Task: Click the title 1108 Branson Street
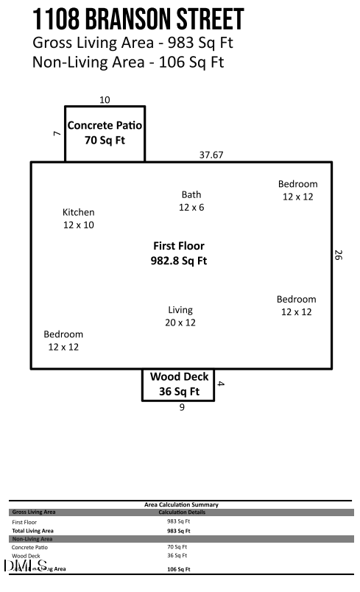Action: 138,18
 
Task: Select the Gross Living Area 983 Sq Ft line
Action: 133,43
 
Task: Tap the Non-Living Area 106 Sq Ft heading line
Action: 127,62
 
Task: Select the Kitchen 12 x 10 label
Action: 78,219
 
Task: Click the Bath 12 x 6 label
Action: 191,201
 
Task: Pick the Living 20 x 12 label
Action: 180,316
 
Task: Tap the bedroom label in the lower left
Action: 63,340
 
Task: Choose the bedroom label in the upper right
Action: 297,190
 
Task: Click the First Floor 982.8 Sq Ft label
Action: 179,253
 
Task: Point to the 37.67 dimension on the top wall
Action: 211,155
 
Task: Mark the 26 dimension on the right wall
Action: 339,256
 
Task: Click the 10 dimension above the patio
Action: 105,100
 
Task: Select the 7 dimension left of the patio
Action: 57,133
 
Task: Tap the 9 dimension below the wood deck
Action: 182,407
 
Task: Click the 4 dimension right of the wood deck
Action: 220,383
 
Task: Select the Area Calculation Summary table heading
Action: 181,504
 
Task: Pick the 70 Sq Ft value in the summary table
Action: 177,547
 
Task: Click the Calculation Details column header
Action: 181,512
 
